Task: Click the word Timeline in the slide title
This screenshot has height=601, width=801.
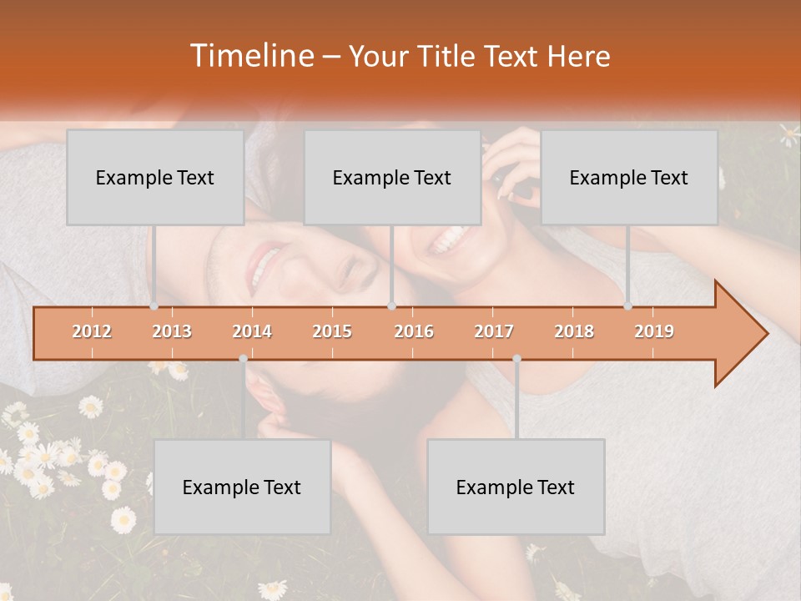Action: pyautogui.click(x=249, y=56)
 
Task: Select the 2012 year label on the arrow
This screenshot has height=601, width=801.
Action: pyautogui.click(x=92, y=331)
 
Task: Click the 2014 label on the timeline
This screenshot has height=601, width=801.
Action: pyautogui.click(x=252, y=331)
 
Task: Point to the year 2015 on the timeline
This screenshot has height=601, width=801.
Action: pyautogui.click(x=332, y=331)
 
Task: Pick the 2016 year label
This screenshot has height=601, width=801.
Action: pyautogui.click(x=414, y=331)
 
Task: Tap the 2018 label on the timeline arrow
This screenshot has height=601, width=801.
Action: pyautogui.click(x=574, y=331)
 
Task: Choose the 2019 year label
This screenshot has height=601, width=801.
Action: pyautogui.click(x=654, y=331)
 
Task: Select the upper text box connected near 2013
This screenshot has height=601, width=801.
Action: pyautogui.click(x=155, y=177)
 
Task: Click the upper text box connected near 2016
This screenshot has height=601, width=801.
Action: pyautogui.click(x=392, y=177)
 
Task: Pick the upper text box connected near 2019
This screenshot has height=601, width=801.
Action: pyautogui.click(x=629, y=177)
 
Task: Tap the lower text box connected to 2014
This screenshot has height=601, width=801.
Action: pyautogui.click(x=242, y=487)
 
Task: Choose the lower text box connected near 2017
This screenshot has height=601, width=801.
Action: pyautogui.click(x=516, y=487)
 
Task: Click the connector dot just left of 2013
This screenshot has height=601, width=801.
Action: pyautogui.click(x=154, y=306)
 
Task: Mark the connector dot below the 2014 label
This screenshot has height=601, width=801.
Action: pyautogui.click(x=243, y=359)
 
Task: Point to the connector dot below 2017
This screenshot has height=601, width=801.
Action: pyautogui.click(x=516, y=359)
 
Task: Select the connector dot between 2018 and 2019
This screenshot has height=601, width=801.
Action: pyautogui.click(x=627, y=306)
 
